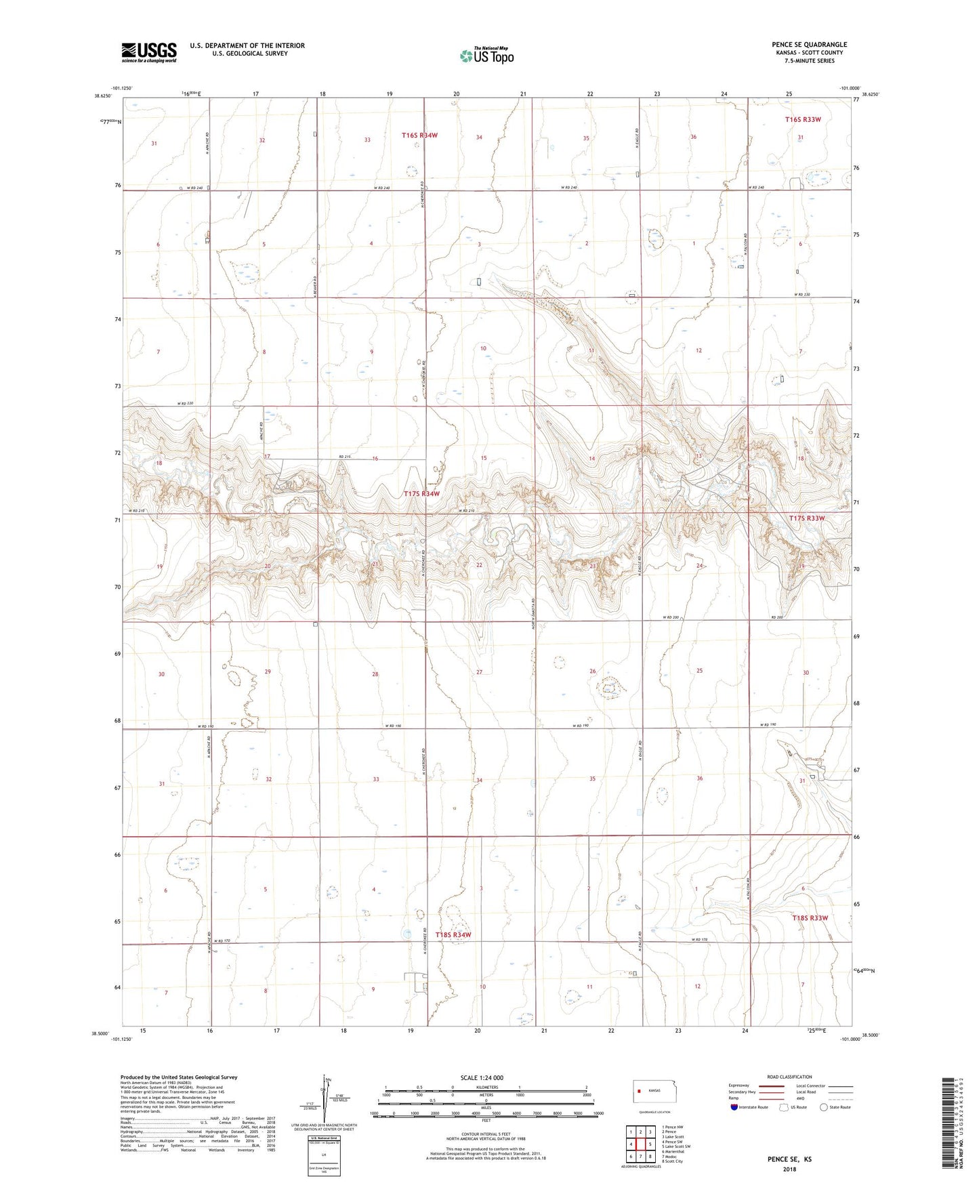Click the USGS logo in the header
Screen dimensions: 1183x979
(x=149, y=52)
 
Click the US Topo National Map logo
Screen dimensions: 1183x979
(x=486, y=56)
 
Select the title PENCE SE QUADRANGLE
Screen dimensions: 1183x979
(x=809, y=45)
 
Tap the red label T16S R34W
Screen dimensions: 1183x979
(x=419, y=136)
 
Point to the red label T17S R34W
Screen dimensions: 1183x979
(x=421, y=494)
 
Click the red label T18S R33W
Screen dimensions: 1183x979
(x=810, y=918)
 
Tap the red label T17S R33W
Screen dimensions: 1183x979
(x=807, y=518)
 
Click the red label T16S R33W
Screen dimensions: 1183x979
(x=803, y=119)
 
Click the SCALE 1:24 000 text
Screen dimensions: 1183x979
(x=482, y=1078)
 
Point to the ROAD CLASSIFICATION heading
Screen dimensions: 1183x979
(x=789, y=1077)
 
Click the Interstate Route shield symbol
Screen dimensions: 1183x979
(x=734, y=1107)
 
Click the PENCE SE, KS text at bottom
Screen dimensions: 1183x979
(x=789, y=1159)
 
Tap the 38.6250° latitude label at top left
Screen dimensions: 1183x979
(x=103, y=96)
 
